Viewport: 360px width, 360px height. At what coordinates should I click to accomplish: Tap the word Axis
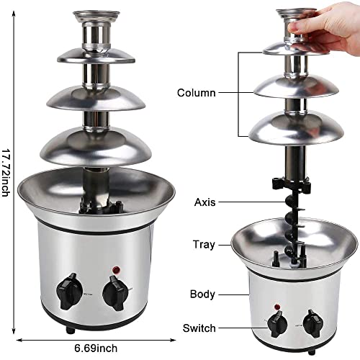[205, 202]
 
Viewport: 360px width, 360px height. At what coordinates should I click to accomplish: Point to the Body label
[203, 294]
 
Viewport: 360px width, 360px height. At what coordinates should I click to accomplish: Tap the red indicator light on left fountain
[114, 271]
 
